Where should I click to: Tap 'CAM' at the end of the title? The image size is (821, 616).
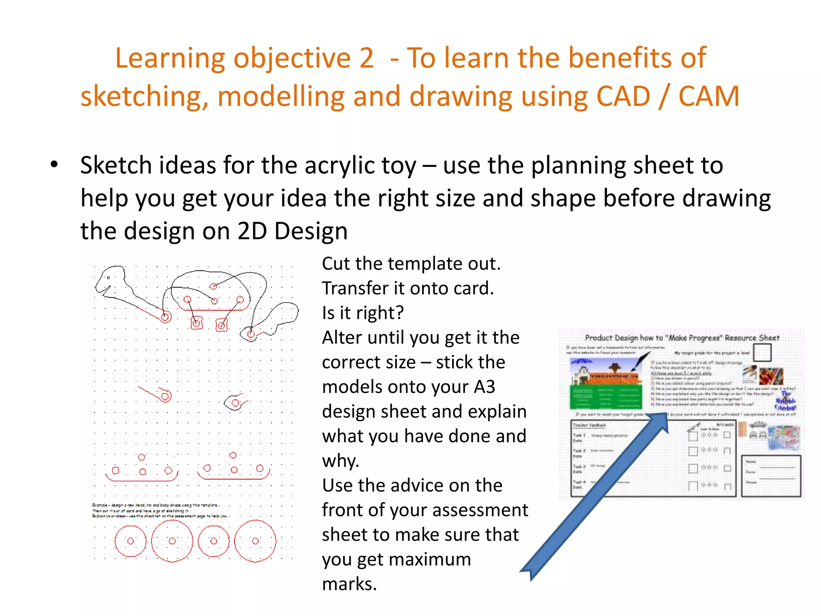point(709,97)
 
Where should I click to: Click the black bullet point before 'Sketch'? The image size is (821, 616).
point(55,164)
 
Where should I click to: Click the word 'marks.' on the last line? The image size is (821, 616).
point(350,584)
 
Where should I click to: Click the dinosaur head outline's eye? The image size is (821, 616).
point(108,278)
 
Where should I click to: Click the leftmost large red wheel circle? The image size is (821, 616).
point(131,541)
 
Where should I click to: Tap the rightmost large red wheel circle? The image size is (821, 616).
point(255,541)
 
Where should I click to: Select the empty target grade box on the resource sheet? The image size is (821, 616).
point(762,353)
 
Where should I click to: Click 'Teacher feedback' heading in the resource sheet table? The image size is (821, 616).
point(589,425)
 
